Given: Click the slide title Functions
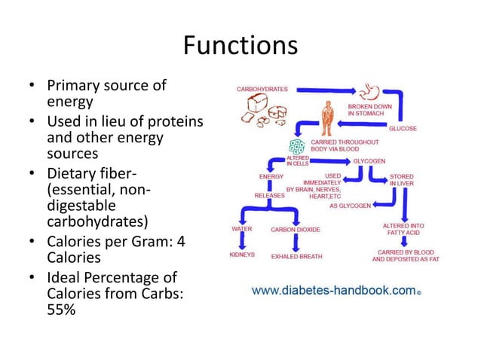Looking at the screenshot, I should [240, 45].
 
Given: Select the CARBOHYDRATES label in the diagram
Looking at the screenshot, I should [262, 89].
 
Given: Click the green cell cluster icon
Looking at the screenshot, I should [298, 146].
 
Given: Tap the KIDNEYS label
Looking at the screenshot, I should [242, 255].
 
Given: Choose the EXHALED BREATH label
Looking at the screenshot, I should [296, 256].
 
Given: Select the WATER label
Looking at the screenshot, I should [241, 228].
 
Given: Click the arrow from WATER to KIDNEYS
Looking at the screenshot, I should [242, 241].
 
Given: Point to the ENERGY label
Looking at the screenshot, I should [271, 176].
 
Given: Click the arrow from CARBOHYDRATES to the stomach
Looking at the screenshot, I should [324, 89].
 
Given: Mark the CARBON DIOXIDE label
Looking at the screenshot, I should [296, 229].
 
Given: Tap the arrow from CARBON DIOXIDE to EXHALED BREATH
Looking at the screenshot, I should [297, 242].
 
